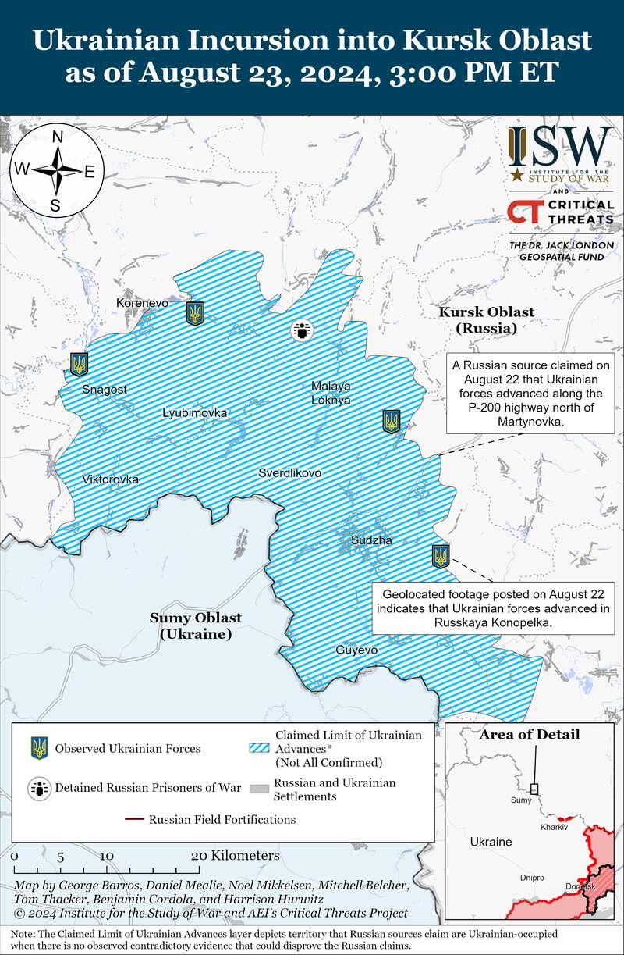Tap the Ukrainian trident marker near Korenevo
coord(195,314)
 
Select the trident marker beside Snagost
coord(79,364)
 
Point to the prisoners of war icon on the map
coord(302,330)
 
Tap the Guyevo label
coord(356,650)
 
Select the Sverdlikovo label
coord(290,472)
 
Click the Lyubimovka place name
coord(195,412)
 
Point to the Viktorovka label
coord(111,479)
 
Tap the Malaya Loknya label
coord(331,393)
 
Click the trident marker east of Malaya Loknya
coord(392,421)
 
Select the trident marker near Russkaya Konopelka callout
coord(441,557)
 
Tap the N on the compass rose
coord(57,137)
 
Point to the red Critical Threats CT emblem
coord(524,212)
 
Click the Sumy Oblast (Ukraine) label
coord(196,625)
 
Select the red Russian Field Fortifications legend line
coord(133,819)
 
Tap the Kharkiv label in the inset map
coord(553,826)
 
